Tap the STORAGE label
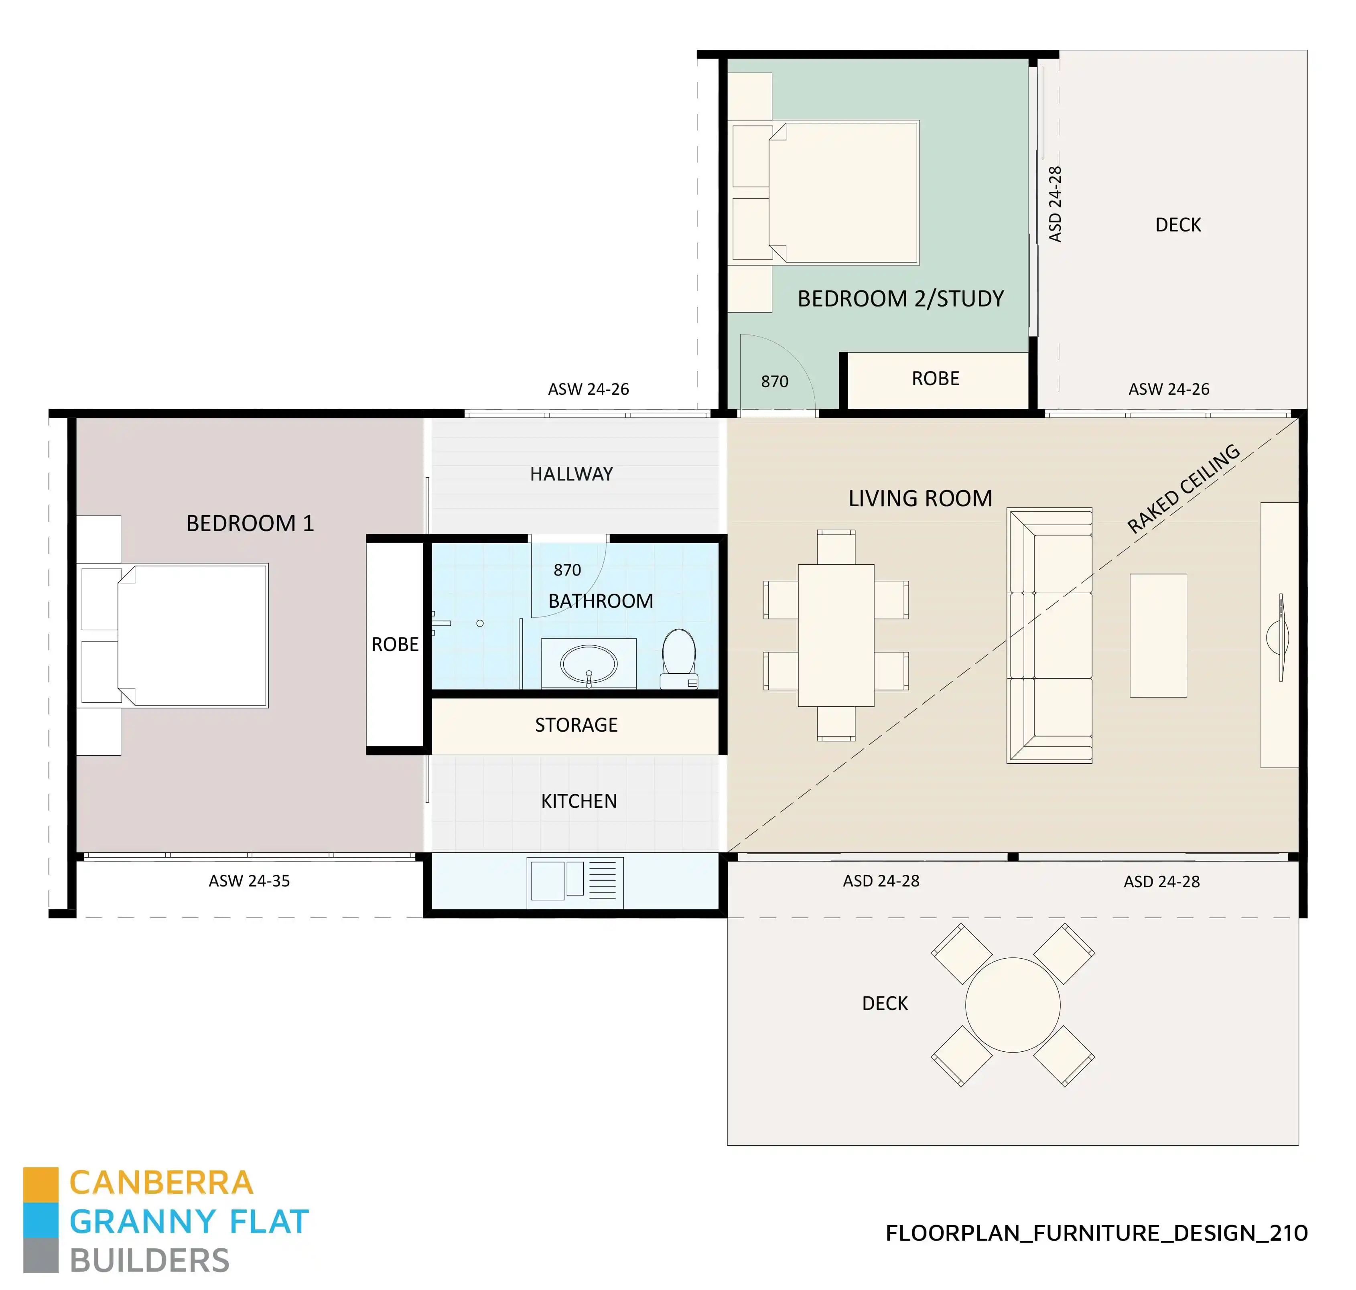[x=576, y=725]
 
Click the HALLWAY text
[x=571, y=474]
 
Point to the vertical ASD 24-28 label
[x=1055, y=204]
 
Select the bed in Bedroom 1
[x=193, y=635]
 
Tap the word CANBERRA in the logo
[x=162, y=1183]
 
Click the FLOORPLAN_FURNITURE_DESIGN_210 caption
[x=1096, y=1233]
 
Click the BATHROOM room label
[x=600, y=601]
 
